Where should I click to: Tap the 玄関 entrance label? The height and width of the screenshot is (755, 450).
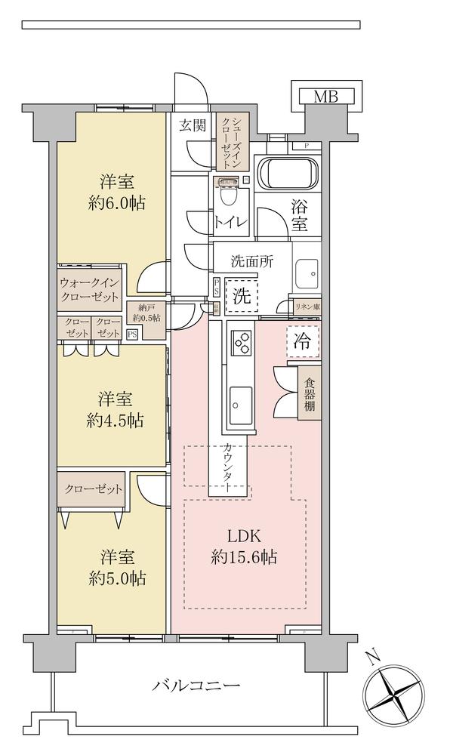(x=193, y=125)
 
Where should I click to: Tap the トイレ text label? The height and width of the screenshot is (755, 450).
(x=230, y=222)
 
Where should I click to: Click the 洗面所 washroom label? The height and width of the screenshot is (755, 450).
(x=251, y=263)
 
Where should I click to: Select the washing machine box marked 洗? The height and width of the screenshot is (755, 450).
(x=241, y=297)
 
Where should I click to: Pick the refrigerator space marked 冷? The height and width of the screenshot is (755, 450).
(x=302, y=341)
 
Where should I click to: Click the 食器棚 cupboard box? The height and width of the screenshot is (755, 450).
(x=310, y=393)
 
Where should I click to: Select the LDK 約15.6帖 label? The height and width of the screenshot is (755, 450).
(x=245, y=547)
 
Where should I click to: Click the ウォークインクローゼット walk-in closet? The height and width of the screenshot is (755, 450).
(x=91, y=289)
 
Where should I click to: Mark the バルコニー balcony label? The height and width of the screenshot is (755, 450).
(x=196, y=686)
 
